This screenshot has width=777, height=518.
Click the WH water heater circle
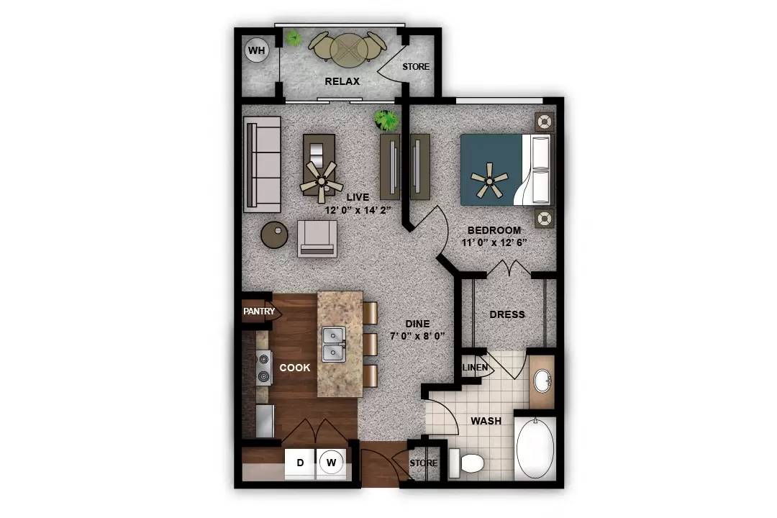256,51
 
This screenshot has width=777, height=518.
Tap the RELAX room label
342,81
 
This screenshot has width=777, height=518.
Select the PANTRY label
259,312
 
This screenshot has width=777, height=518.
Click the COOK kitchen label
295,368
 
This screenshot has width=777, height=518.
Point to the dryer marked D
300,463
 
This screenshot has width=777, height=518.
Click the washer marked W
331,463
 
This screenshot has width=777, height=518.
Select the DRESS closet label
507,314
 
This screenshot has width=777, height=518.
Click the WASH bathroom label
486,420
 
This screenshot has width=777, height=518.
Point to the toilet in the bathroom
470,463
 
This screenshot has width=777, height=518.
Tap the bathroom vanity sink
542,381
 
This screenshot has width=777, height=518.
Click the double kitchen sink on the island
334,344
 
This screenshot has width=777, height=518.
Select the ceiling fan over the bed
490,179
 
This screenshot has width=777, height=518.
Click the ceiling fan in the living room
320,178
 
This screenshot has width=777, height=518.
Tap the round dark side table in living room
274,235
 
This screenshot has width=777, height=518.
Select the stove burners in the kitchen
263,368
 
